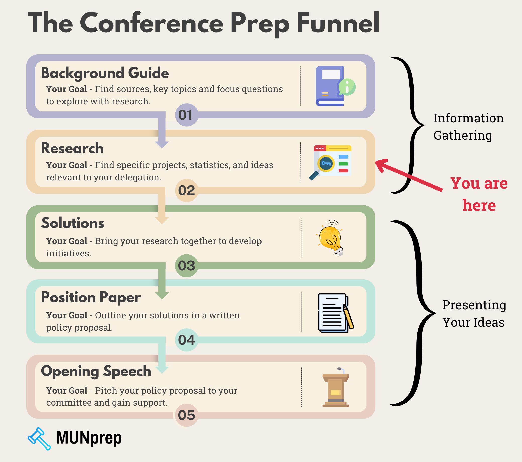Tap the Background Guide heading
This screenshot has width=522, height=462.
105,73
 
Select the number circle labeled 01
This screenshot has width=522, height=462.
186,115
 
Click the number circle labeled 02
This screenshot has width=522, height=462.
186,190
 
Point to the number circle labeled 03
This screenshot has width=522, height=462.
186,266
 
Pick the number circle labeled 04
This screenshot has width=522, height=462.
186,340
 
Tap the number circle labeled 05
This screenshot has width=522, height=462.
186,415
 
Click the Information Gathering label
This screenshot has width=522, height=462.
468,127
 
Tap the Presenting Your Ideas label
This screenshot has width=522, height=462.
474,314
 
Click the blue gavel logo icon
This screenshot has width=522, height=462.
39,438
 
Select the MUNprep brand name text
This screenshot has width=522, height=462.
89,438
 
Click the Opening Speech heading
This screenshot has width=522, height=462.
96,371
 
